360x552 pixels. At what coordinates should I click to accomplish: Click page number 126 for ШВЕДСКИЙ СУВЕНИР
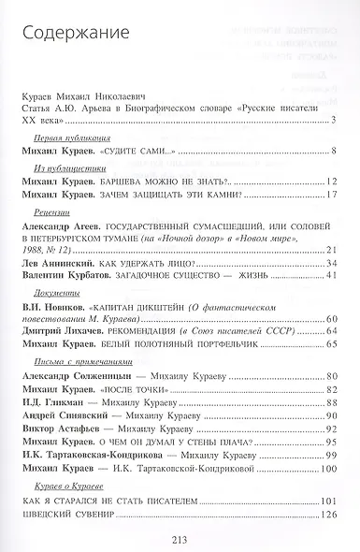tap(328, 514)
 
